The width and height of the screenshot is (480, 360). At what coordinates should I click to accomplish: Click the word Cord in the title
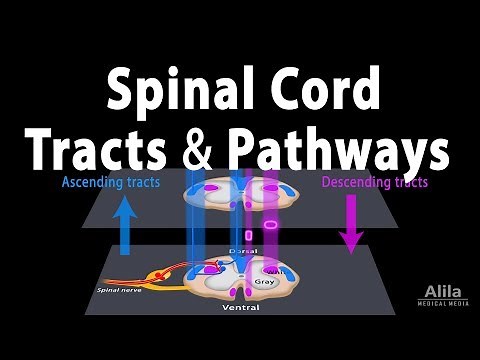click(326, 95)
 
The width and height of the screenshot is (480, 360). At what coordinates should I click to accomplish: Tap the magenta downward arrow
click(350, 225)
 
